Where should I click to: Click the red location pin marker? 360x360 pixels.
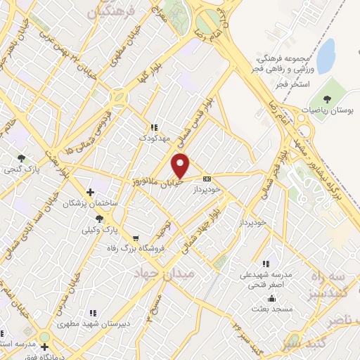(181, 166)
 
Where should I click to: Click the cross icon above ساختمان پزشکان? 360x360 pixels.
(89, 191)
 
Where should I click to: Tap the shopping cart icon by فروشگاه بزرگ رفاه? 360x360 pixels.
(134, 238)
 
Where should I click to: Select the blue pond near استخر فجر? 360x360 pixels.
(326, 56)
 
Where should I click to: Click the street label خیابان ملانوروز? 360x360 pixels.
(157, 181)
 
